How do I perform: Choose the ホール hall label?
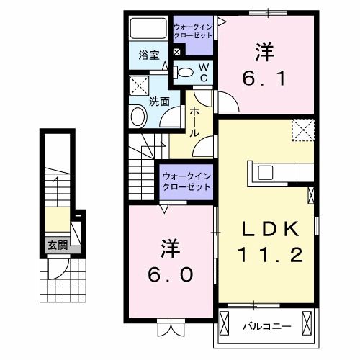point(194,123)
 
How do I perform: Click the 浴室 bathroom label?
point(149,54)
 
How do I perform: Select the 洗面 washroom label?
point(158,102)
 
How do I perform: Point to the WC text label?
point(204,71)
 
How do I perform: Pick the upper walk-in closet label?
point(192,31)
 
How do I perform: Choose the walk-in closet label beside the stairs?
point(186,181)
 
